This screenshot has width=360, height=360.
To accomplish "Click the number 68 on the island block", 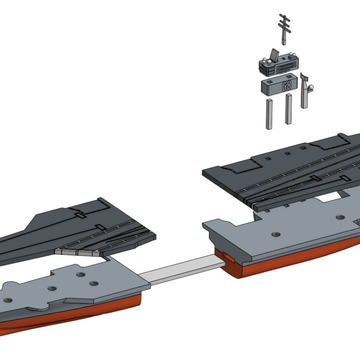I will [287, 86].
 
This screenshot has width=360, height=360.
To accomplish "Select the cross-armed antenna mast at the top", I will [283, 27].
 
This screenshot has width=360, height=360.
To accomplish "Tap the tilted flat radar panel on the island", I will [274, 55].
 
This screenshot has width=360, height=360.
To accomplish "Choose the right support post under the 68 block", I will [288, 109].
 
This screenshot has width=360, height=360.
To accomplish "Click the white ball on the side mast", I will [310, 87].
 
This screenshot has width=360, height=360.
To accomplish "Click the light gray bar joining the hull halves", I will [180, 270].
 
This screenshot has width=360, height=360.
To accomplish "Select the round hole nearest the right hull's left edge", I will [275, 234].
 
